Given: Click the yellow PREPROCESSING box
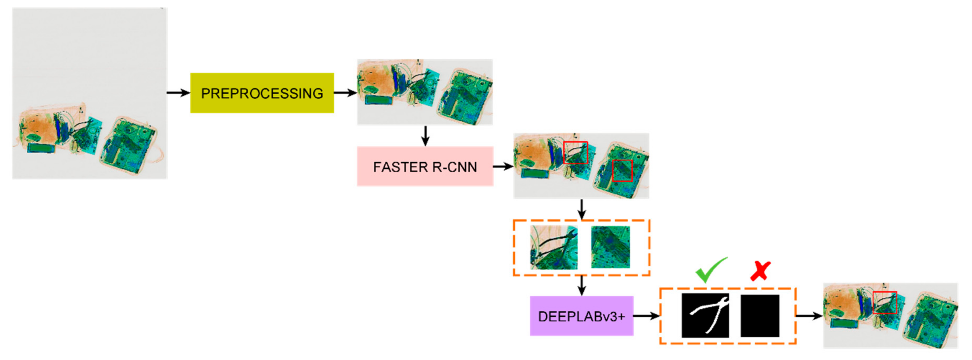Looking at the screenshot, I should pyautogui.click(x=262, y=93).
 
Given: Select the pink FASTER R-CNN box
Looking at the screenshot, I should pyautogui.click(x=425, y=166).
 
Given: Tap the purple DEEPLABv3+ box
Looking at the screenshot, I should pyautogui.click(x=582, y=316).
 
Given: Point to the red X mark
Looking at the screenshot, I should pyautogui.click(x=760, y=271).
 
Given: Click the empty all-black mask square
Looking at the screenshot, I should pyautogui.click(x=760, y=316).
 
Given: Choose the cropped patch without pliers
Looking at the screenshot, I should pyautogui.click(x=610, y=247).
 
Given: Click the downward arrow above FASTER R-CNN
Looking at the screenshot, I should pyautogui.click(x=425, y=136).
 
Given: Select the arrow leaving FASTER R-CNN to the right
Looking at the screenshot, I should pyautogui.click(x=503, y=166).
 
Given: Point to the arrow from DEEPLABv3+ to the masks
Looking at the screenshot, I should pyautogui.click(x=646, y=316).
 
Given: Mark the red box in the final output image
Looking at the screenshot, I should pyautogui.click(x=884, y=303).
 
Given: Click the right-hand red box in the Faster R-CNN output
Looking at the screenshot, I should pyautogui.click(x=622, y=171).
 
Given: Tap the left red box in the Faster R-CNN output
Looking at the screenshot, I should pyautogui.click(x=576, y=152).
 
